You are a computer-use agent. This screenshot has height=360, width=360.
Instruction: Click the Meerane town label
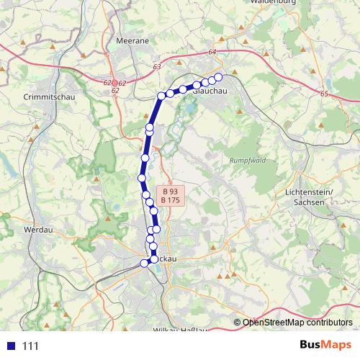(132, 42)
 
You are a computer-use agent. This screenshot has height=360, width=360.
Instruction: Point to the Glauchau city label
(211, 90)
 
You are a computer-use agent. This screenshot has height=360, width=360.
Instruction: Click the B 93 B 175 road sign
(171, 196)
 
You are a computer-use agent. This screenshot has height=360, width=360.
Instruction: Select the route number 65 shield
(324, 94)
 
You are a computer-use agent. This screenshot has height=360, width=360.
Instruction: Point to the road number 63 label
(157, 67)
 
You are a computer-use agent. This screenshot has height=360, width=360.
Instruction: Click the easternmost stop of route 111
(218, 77)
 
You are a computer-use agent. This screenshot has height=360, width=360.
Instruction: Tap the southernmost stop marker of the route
(144, 264)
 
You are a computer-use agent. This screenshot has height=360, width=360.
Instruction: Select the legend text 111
(30, 346)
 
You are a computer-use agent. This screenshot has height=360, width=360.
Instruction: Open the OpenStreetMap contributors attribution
(297, 323)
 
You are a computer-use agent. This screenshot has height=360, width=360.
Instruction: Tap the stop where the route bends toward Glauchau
(161, 96)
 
